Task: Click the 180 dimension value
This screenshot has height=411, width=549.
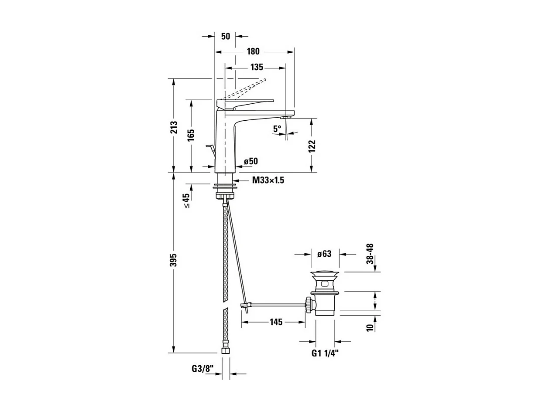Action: click(x=253, y=51)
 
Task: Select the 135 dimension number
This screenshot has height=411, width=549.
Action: click(x=257, y=68)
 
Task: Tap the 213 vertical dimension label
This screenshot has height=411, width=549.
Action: click(x=174, y=127)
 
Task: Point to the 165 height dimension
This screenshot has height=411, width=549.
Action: click(x=191, y=135)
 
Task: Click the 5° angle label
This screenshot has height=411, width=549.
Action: click(x=277, y=129)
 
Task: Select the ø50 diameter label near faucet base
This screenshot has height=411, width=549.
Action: click(x=251, y=161)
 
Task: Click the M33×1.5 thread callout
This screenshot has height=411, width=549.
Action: click(x=268, y=180)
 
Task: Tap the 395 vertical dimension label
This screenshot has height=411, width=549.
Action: click(x=174, y=260)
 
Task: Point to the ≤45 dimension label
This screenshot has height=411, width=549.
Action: click(x=187, y=201)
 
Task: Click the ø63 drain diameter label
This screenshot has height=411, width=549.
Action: click(x=324, y=254)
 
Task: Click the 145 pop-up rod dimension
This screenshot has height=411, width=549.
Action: click(x=276, y=322)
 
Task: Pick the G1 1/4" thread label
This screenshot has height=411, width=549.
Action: click(x=325, y=353)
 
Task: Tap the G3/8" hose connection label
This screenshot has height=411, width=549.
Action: click(x=202, y=369)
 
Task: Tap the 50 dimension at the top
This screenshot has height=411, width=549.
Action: click(x=226, y=36)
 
